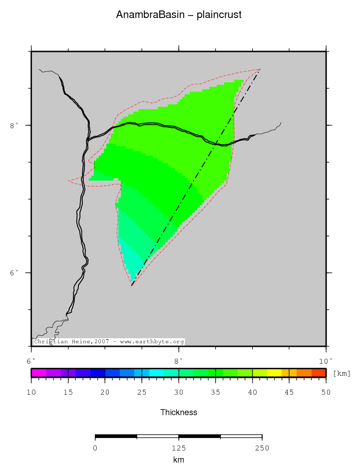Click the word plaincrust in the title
(x=219, y=15)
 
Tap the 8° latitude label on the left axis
(x=14, y=125)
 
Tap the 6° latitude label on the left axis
(x=14, y=273)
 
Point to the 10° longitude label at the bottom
(x=326, y=360)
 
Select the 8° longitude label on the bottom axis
(x=178, y=360)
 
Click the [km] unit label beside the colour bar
(x=342, y=373)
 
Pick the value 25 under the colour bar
(x=142, y=393)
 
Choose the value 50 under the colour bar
(x=326, y=393)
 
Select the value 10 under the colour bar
(x=31, y=393)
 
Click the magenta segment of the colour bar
(x=38, y=373)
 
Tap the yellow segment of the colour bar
(x=274, y=373)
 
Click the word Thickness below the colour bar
(x=178, y=412)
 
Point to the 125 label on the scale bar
(x=178, y=448)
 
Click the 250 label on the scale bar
(x=262, y=448)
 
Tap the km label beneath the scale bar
(x=178, y=460)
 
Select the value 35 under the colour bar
(x=215, y=393)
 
